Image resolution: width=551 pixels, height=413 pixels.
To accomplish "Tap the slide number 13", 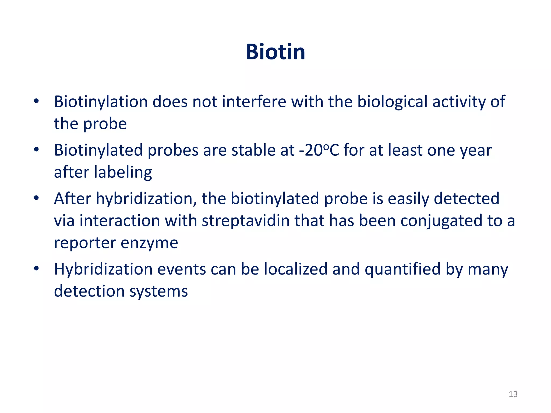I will [x=513, y=394].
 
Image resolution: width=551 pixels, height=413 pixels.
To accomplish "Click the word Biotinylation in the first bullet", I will [x=101, y=102].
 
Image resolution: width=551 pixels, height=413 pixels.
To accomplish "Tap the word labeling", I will [x=123, y=172].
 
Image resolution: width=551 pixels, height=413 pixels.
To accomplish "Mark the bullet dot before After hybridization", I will [x=37, y=198].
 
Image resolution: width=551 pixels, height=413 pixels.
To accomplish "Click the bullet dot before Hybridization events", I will [x=37, y=268].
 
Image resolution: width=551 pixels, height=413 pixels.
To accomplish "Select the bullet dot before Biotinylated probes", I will [x=37, y=150].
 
